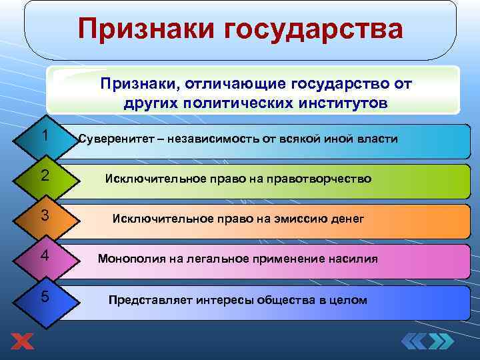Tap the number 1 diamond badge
coord(43,137)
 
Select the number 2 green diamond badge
coord(43,177)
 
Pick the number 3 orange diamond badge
coord(43,217)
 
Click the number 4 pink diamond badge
coord(43,257)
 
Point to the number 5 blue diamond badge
coord(43,297)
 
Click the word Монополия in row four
coord(127,259)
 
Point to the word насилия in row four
coord(354,259)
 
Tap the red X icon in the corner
coord(23,342)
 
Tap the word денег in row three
coord(347,219)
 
